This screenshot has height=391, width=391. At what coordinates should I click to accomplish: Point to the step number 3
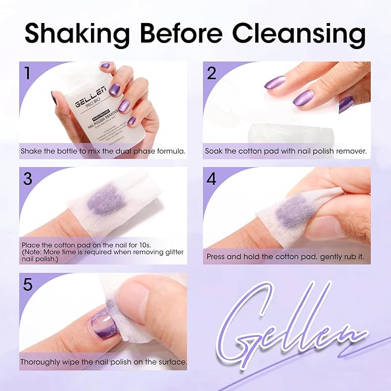[28, 177]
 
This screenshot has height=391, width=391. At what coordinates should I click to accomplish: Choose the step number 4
[211, 177]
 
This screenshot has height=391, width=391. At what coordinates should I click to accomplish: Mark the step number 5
[28, 283]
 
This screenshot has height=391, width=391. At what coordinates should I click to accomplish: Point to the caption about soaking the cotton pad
[286, 151]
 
